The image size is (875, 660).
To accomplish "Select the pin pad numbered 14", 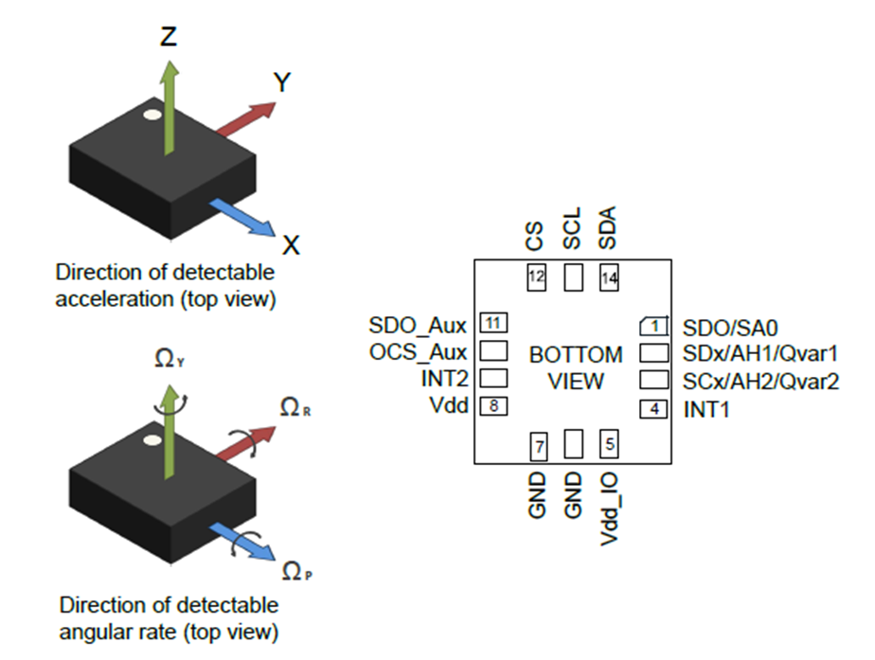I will tap(610, 277).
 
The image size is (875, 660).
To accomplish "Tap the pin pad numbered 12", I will tap(537, 277).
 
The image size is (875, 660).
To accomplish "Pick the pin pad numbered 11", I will tap(492, 322).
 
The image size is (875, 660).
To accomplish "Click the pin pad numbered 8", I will tap(492, 405).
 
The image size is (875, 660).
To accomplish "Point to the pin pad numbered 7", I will tap(537, 444).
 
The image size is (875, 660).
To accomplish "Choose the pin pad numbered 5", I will tap(610, 442).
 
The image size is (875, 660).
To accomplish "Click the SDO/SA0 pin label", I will tap(729, 328).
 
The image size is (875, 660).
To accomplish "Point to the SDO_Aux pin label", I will tap(418, 327).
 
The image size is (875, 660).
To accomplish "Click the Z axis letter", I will tap(168, 37).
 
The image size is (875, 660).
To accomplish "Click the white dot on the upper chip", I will tap(151, 116).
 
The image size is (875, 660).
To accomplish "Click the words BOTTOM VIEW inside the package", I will tap(576, 368).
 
